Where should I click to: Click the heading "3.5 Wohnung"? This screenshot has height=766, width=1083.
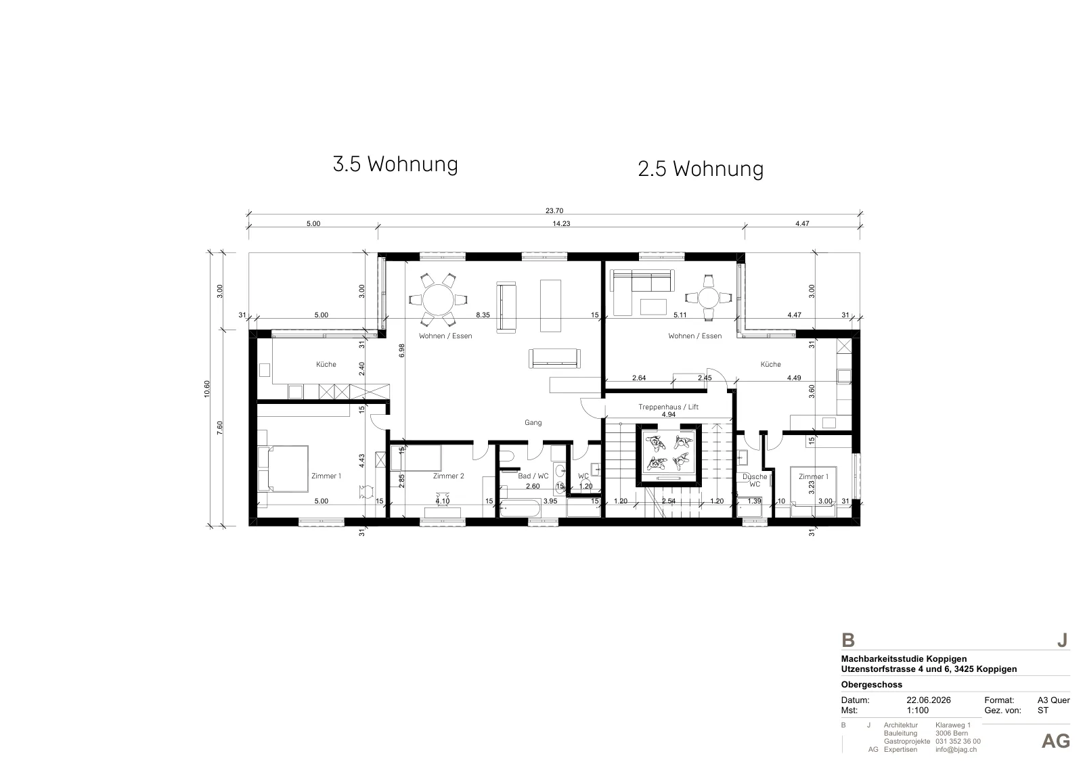(x=395, y=164)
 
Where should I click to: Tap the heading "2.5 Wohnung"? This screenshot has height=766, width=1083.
(x=701, y=169)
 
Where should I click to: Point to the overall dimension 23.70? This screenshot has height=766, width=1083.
(x=554, y=210)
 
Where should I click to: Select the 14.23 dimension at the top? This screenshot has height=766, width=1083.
(x=561, y=223)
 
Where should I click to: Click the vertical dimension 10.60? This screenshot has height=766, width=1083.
(x=207, y=389)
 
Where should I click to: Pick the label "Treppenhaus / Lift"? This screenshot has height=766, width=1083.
(x=668, y=407)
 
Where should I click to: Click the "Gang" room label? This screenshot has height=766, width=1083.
(x=533, y=422)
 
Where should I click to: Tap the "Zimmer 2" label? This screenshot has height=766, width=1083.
(x=448, y=476)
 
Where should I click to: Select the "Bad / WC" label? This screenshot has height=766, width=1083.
(x=533, y=476)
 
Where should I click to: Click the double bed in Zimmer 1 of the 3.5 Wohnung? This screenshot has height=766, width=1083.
(x=283, y=469)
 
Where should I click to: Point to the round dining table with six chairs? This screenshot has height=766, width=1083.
(x=438, y=300)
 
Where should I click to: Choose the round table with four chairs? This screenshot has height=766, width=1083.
(x=708, y=298)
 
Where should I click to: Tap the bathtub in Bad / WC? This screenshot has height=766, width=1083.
(x=520, y=508)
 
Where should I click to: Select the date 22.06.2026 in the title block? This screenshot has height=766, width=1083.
(x=928, y=700)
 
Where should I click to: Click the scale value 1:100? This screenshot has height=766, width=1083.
(x=918, y=711)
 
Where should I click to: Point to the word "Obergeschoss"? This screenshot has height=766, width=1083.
(x=872, y=685)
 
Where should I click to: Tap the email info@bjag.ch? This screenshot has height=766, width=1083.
(x=956, y=750)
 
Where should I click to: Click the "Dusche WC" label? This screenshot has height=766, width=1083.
(x=755, y=480)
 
